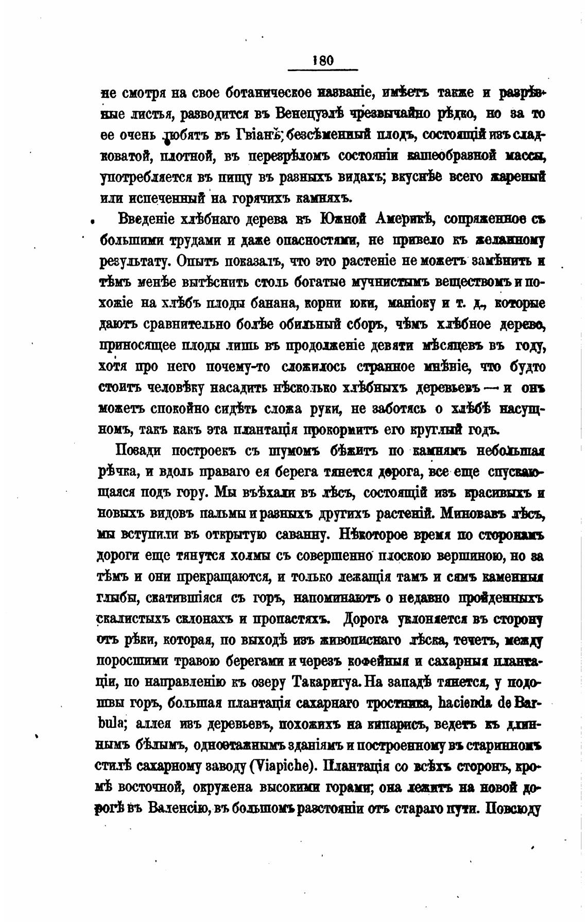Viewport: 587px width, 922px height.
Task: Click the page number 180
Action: (323, 61)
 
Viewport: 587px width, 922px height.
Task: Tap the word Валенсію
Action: (177, 808)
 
